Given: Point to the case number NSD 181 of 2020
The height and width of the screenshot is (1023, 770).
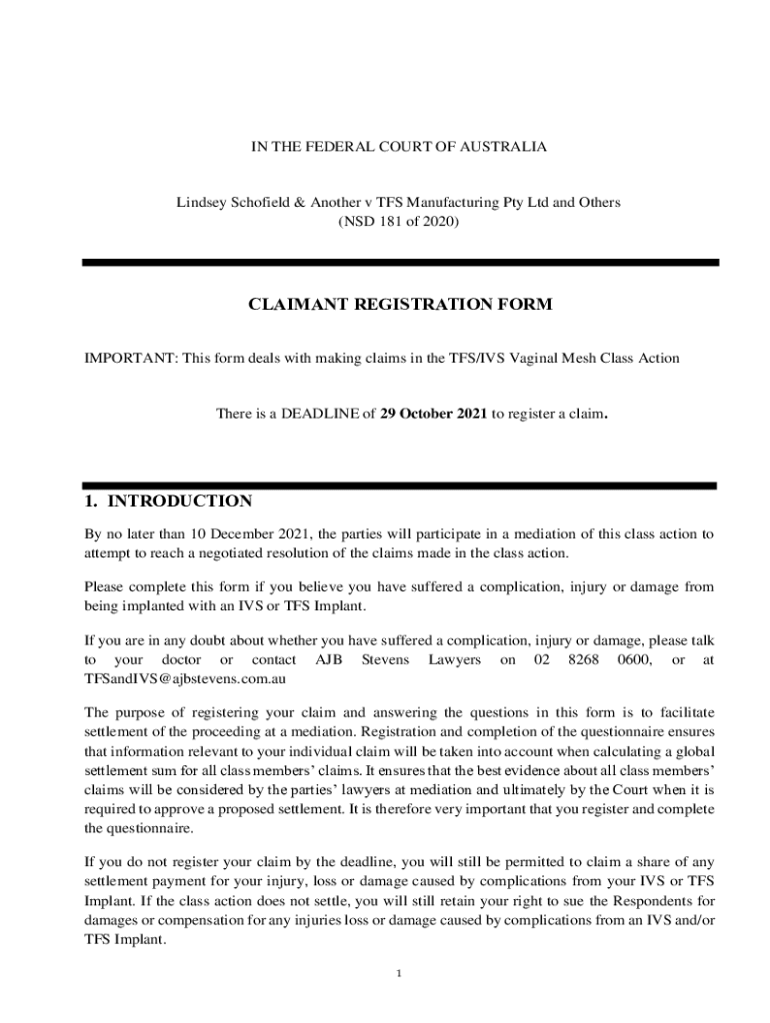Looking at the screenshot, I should pos(399,221).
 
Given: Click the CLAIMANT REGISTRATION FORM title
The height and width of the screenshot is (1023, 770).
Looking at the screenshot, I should pos(399,305).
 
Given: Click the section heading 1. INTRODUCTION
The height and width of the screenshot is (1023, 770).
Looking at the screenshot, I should pos(168,502).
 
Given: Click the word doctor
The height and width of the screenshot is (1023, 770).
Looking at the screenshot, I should pos(181,659).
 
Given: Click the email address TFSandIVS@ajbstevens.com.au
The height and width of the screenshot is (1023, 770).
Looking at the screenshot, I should pos(186,678).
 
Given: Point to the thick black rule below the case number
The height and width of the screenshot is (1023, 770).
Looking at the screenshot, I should pos(399,263).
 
